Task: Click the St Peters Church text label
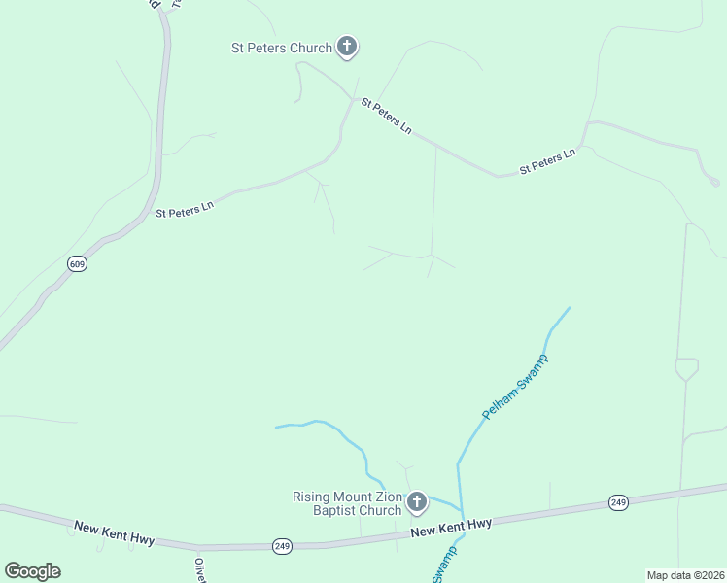coord(281,47)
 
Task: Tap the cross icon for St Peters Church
coord(347,46)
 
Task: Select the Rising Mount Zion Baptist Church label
coord(347,503)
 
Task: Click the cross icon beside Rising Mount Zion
coord(417,502)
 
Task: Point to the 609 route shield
coord(78,264)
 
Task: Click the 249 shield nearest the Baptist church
coord(282,545)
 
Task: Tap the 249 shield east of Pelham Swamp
coord(618,502)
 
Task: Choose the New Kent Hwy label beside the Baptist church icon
coord(451,527)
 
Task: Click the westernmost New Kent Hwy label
coord(114,532)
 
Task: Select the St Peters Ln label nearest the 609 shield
coord(185,209)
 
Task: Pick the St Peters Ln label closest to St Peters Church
coord(386,116)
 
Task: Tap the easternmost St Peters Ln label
coord(548,161)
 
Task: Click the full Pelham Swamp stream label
coord(516,387)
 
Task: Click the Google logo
coord(32,571)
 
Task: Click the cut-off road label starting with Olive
coord(200,569)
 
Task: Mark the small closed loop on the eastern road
coord(686,369)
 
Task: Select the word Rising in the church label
coord(313,497)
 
